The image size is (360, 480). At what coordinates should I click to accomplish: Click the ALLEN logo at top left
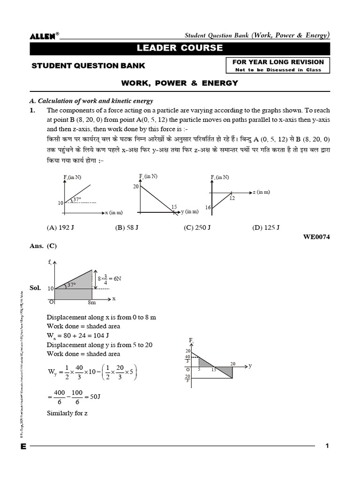(x=44, y=36)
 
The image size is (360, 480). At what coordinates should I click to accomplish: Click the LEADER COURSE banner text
(x=180, y=48)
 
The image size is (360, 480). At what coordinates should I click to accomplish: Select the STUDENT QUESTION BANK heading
(x=88, y=66)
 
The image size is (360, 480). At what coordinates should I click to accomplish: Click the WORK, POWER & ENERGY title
(x=180, y=83)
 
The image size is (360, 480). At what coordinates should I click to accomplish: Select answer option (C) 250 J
(x=197, y=228)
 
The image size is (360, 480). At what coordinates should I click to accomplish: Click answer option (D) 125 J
(x=266, y=228)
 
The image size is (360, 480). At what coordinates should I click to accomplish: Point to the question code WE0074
(x=317, y=237)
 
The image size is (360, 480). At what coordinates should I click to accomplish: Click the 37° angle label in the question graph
(x=77, y=199)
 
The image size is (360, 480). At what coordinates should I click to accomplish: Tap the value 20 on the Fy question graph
(x=136, y=187)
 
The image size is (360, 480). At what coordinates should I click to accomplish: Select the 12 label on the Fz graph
(x=232, y=198)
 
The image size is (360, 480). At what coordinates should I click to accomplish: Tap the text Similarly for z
(x=67, y=413)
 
